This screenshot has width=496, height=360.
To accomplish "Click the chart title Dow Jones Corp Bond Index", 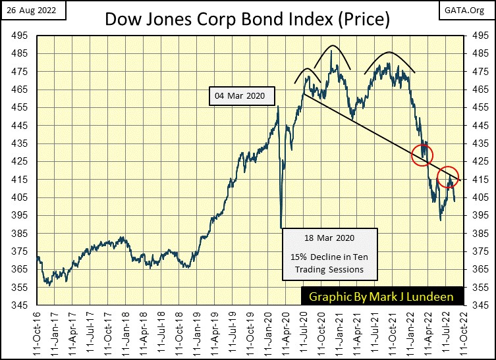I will pos(247,20).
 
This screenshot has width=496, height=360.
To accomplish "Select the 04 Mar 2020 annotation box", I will pos(239,96).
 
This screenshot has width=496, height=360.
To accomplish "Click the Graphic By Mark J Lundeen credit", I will pos(382,296).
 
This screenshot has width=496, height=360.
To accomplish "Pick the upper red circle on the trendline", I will pos(422,155).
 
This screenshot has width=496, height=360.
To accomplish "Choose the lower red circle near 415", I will pos(449,178).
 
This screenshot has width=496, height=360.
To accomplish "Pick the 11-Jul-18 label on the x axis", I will pos(161,332).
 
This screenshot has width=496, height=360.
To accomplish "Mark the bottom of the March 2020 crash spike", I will pos(281,228).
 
